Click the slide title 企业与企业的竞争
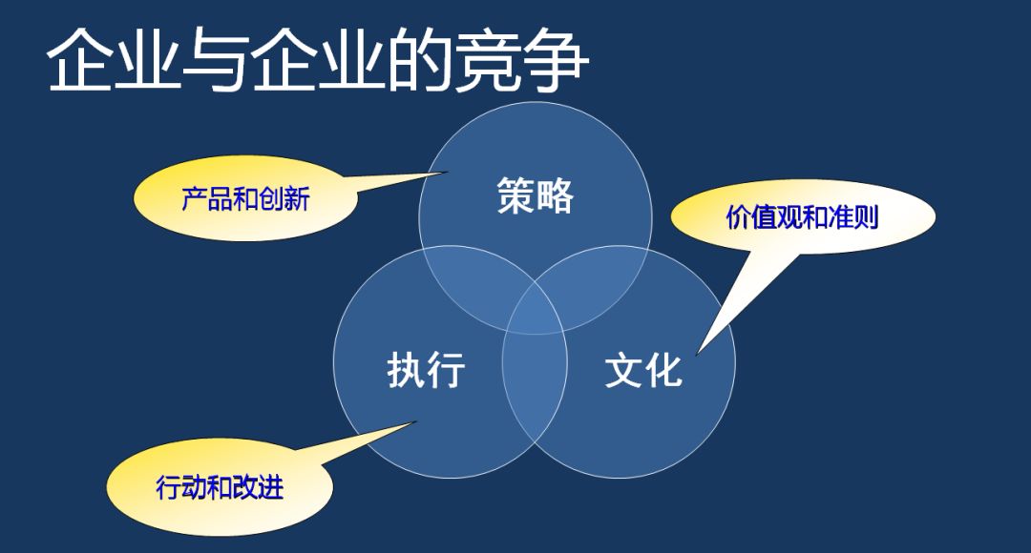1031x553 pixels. tap(318, 60)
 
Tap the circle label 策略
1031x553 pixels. tap(536, 195)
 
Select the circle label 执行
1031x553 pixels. tap(426, 369)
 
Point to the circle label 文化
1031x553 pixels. tap(643, 369)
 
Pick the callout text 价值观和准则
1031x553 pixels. tap(802, 216)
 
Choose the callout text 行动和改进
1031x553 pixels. tap(220, 487)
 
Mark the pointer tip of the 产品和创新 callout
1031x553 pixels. tap(447, 172)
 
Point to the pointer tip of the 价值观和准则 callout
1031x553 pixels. tap(697, 355)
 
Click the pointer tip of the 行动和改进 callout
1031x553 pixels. tap(415, 421)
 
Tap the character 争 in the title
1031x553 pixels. tap(557, 60)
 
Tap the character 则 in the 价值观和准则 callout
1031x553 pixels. tap(867, 216)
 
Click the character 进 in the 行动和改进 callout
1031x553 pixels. tap(271, 487)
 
